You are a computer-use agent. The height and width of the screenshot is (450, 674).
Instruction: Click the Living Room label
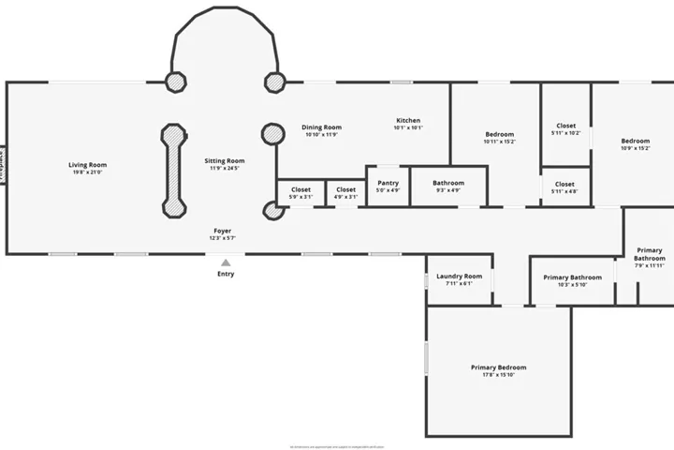click(87, 165)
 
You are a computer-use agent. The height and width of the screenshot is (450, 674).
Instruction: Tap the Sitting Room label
click(224, 161)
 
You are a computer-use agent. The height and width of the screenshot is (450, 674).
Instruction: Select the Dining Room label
click(321, 127)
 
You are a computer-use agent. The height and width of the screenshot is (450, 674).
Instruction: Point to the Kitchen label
click(408, 121)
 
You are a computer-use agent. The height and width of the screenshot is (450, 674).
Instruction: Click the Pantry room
click(388, 186)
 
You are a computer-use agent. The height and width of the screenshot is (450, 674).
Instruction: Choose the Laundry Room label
click(459, 277)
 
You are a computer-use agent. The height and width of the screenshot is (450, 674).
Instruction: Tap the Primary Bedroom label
click(498, 367)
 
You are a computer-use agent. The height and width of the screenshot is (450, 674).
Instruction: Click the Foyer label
click(222, 231)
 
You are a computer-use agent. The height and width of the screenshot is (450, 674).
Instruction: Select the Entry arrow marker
click(226, 262)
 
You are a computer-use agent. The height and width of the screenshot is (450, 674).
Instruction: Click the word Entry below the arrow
click(226, 274)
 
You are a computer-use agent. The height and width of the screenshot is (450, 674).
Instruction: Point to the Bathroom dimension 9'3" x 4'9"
click(448, 190)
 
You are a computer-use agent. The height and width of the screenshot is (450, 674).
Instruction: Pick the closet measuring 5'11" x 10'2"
click(565, 128)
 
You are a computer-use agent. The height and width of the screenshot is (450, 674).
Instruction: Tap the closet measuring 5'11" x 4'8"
click(564, 187)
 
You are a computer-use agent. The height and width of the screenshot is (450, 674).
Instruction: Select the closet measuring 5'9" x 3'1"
click(300, 193)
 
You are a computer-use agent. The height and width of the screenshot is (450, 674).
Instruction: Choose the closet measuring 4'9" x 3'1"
click(345, 193)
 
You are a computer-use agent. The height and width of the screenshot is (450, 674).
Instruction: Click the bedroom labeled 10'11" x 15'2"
click(499, 138)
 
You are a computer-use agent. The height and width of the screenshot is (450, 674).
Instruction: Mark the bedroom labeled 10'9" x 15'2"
click(635, 144)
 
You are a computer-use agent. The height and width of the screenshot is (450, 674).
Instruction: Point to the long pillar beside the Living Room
click(172, 169)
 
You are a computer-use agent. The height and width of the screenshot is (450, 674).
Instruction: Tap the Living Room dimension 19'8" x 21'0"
click(87, 172)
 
